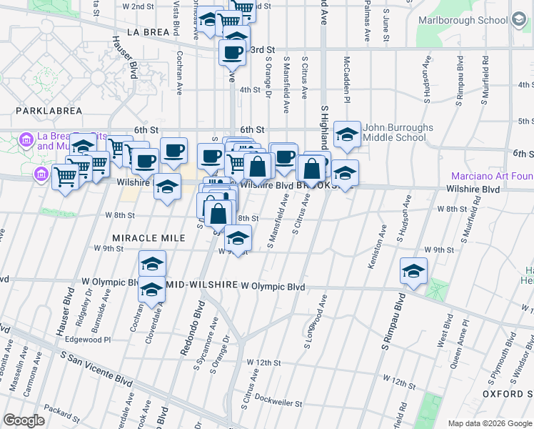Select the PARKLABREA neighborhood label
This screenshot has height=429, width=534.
point(45,112)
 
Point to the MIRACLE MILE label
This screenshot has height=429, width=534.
point(143,237)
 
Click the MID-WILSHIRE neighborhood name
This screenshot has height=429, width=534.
point(201,285)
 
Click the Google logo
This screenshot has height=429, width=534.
point(24,420)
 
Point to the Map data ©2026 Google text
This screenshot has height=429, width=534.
point(489,423)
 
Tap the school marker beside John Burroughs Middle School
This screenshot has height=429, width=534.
point(347,134)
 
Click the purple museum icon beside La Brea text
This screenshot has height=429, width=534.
point(27,138)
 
